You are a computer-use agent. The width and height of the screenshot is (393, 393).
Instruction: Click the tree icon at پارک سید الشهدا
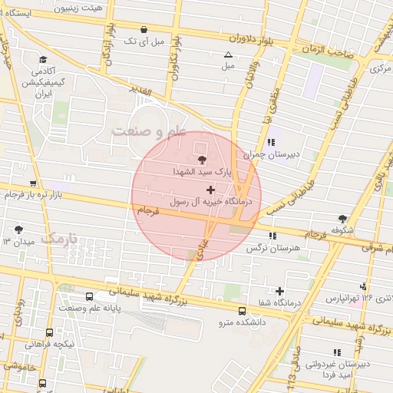(202, 159)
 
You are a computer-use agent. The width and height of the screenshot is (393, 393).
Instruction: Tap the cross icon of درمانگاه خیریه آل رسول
(210, 189)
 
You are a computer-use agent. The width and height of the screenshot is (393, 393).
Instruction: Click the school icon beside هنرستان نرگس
(272, 236)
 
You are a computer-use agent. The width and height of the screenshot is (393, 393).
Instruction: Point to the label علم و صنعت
(150, 131)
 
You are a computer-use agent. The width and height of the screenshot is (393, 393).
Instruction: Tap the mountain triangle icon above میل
(228, 54)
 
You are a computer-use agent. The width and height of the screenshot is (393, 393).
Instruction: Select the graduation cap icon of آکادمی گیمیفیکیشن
(43, 60)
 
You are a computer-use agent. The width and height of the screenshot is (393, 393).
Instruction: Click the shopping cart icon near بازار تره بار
(32, 183)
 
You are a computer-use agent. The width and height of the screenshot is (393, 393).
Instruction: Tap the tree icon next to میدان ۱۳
(18, 229)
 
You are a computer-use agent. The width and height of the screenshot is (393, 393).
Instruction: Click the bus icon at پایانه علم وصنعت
(90, 296)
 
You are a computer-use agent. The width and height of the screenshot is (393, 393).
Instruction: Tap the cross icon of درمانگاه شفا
(279, 291)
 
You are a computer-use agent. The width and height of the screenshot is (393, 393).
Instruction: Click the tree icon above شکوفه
(342, 218)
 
